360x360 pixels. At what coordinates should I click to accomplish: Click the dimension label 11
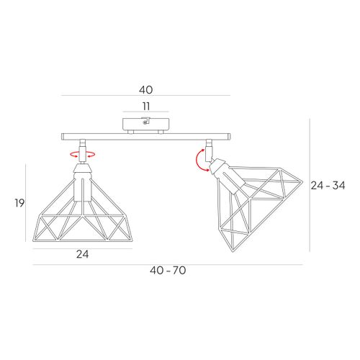(x=146, y=106)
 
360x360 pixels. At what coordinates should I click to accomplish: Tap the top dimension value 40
(x=146, y=90)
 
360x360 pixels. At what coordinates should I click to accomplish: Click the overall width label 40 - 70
(x=167, y=271)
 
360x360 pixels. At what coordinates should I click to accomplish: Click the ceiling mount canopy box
(x=146, y=125)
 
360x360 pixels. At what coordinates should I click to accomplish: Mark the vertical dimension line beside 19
(x=27, y=203)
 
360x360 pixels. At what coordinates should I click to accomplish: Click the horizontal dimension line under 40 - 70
(x=167, y=264)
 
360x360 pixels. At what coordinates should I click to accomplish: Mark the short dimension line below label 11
(x=146, y=113)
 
